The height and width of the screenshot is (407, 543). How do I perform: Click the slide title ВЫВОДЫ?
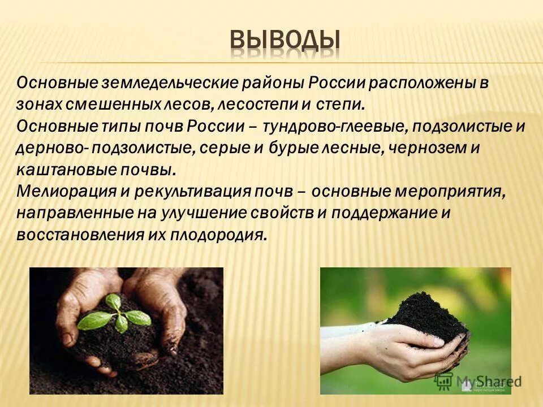pyautogui.click(x=285, y=41)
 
